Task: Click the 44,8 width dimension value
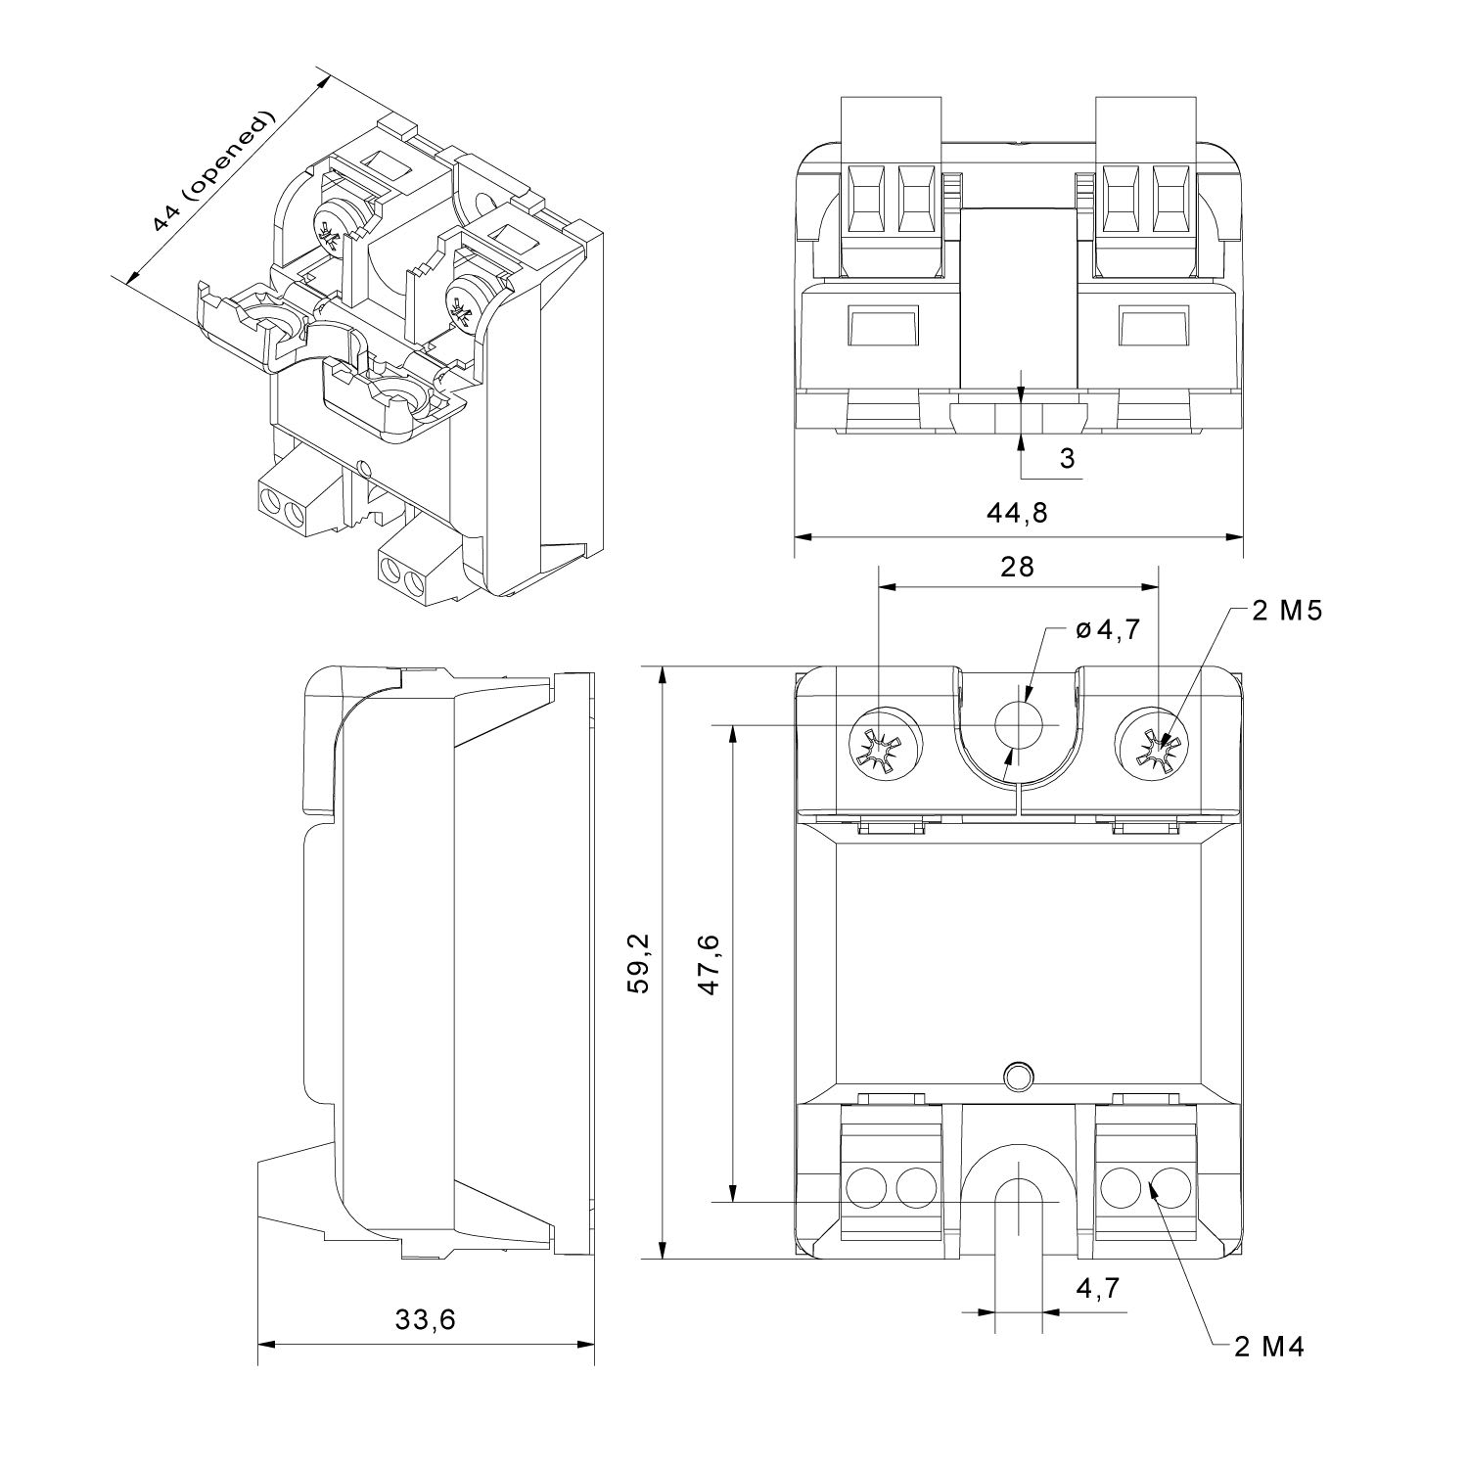click(1017, 512)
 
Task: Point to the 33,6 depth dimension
click(425, 1319)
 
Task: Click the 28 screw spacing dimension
click(1017, 566)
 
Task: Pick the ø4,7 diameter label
click(1108, 630)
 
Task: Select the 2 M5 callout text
click(1287, 612)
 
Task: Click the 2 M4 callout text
click(1269, 1348)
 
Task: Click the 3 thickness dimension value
click(1067, 458)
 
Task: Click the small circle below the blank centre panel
click(1019, 1076)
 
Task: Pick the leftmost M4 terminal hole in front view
click(864, 1187)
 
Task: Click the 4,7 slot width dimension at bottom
click(1097, 1290)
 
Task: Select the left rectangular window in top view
click(882, 326)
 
